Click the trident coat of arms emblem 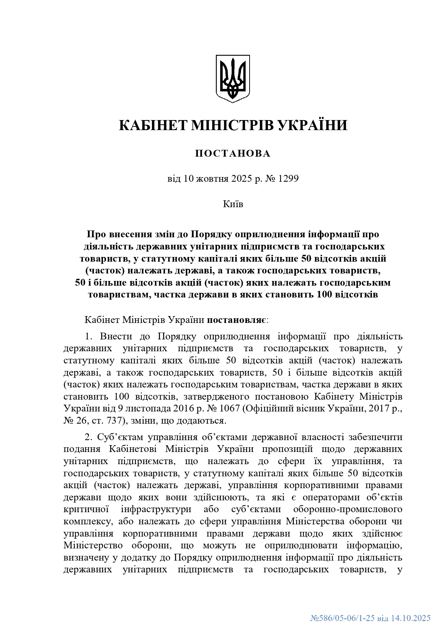coord(232,78)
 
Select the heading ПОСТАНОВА coord(233,154)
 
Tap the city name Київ coord(233,204)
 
